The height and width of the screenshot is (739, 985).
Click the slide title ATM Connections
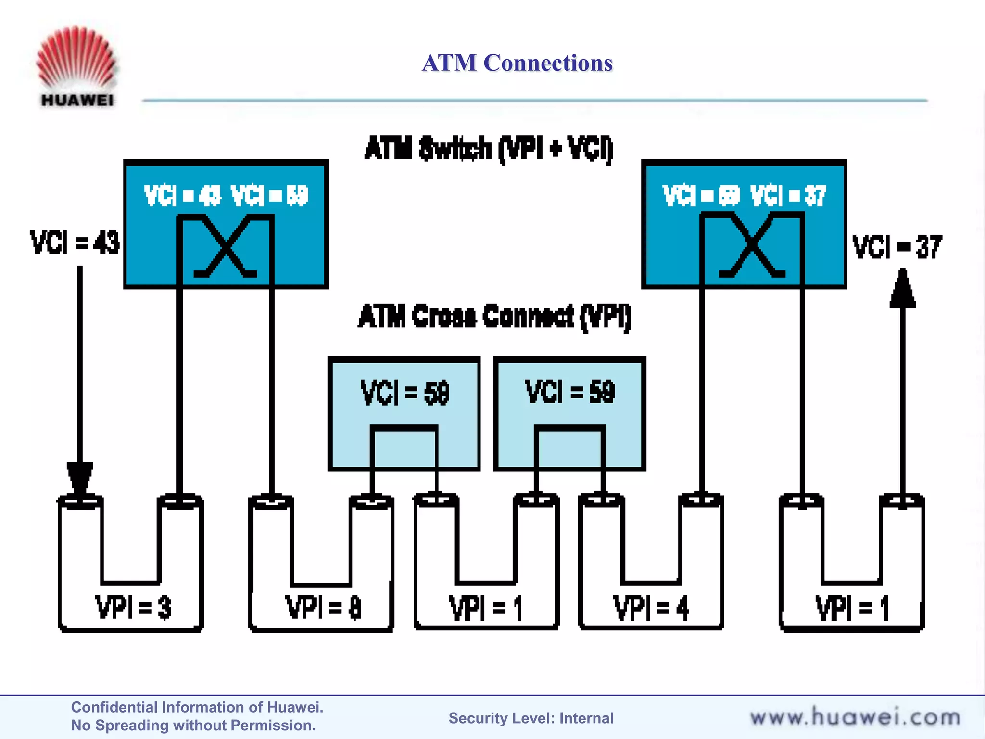pos(517,63)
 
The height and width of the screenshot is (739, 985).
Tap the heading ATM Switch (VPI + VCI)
pos(489,148)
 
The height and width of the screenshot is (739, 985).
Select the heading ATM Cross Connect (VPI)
pos(494,317)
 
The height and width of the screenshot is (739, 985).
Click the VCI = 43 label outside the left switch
pos(75,242)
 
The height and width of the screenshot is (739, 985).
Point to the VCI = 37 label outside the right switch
pos(897,247)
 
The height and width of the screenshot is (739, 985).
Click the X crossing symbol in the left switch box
pos(225,246)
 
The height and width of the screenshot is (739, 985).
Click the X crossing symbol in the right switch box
pos(752,246)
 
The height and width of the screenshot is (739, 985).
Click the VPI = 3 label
pos(133,607)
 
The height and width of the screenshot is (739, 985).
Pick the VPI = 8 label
pos(323,607)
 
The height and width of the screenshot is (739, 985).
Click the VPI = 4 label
pos(650,608)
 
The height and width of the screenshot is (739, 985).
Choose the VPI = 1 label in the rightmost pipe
pos(852,608)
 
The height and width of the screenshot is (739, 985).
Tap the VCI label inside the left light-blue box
pos(404,393)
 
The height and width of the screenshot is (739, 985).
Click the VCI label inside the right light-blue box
pos(569,392)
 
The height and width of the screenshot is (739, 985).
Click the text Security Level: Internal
pos(531,718)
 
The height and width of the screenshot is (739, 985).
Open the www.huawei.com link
pos(855,717)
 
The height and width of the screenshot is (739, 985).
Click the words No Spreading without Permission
pos(193,726)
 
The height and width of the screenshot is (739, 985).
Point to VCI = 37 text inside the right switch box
pos(788,196)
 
